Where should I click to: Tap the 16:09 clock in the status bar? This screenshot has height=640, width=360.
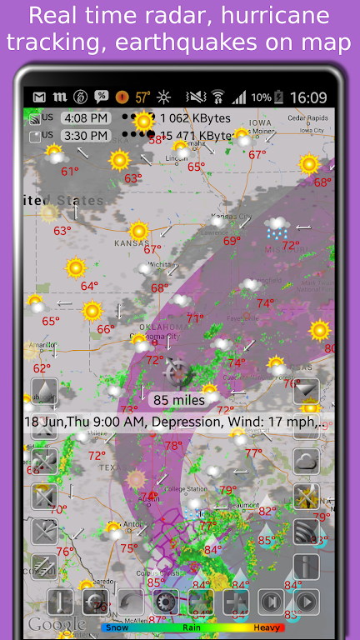pyautogui.click(x=308, y=97)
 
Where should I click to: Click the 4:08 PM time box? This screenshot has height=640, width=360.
pyautogui.click(x=86, y=118)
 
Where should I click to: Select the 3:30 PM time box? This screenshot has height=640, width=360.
pyautogui.click(x=86, y=135)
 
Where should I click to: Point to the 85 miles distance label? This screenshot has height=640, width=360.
pyautogui.click(x=179, y=400)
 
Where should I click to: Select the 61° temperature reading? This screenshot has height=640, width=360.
pyautogui.click(x=70, y=172)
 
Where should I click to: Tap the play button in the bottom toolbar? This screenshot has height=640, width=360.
pyautogui.click(x=306, y=602)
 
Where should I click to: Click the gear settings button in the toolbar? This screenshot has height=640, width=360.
pyautogui.click(x=165, y=602)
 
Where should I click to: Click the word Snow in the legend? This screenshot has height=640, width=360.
pyautogui.click(x=117, y=627)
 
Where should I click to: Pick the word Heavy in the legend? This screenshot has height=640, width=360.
pyautogui.click(x=267, y=627)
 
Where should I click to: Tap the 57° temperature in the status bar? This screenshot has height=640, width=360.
pyautogui.click(x=143, y=97)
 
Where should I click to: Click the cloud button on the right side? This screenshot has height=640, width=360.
pyautogui.click(x=306, y=461)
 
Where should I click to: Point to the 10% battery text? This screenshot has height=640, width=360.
pyautogui.click(x=261, y=97)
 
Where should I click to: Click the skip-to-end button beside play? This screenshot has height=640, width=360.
pyautogui.click(x=271, y=602)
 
